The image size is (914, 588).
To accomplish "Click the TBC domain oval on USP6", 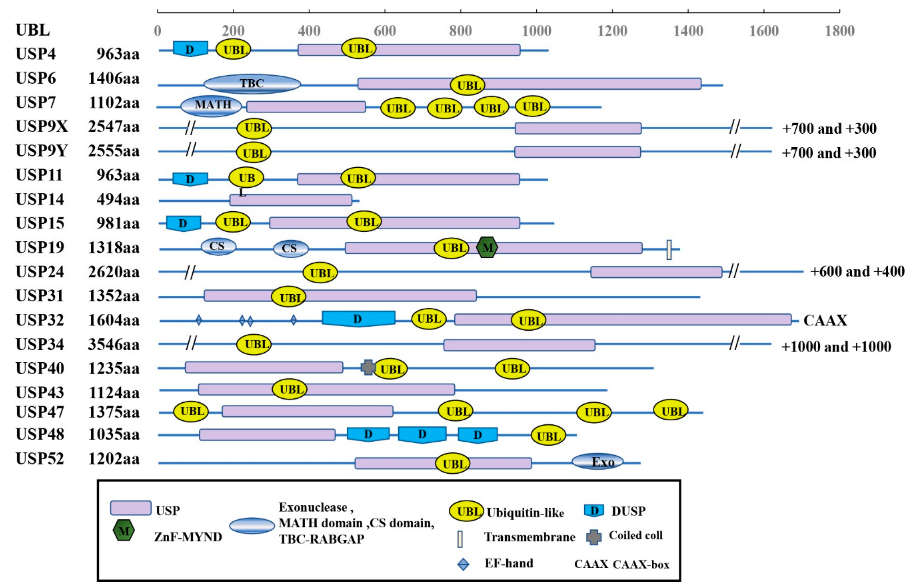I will point(252,84).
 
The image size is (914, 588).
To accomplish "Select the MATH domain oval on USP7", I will point(211,105).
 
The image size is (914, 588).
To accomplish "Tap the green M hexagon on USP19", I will point(487,247).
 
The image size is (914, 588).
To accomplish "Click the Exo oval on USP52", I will point(598,462).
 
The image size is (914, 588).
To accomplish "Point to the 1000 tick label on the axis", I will point(536,31).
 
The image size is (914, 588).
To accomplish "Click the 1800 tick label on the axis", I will point(840,31).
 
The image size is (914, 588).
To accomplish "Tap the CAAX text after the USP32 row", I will point(825,320).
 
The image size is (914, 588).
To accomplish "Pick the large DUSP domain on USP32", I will point(358,318).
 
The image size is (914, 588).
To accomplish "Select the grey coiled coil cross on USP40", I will point(368,367).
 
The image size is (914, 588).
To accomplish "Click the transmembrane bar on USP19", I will point(669,250).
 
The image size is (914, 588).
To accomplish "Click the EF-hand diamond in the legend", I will point(463,564).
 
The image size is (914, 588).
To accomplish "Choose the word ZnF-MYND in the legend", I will point(188,537).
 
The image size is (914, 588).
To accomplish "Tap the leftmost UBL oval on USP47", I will point(191,412).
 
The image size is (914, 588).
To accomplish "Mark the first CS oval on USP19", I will point(218,246).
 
